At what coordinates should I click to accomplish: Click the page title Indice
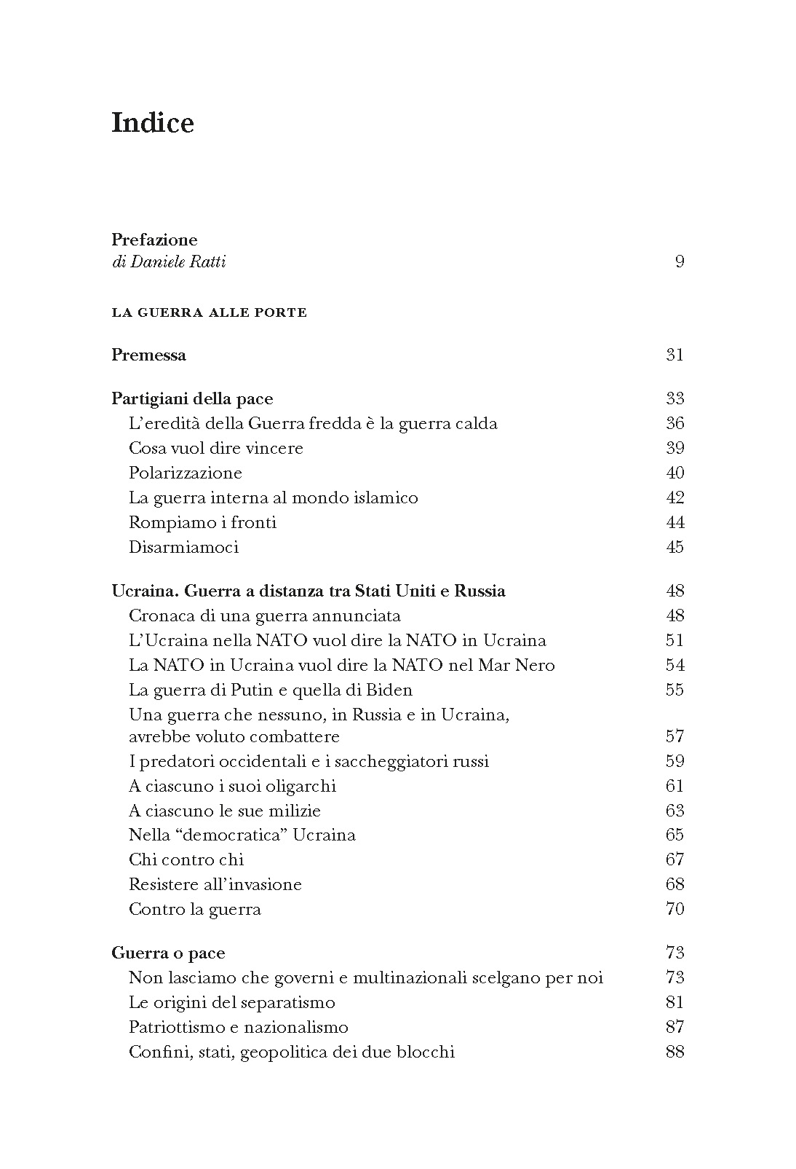(153, 122)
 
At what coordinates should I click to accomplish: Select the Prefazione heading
(154, 240)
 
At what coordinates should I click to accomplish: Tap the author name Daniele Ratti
(178, 261)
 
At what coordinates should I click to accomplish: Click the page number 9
(680, 261)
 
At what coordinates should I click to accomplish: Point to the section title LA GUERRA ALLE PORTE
(210, 313)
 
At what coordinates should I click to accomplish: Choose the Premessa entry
(148, 355)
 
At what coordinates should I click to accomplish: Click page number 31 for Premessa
(674, 355)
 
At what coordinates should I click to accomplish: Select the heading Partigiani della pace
(192, 398)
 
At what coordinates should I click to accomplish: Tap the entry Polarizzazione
(185, 473)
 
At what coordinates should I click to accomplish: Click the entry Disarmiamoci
(183, 547)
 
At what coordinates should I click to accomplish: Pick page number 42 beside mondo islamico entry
(674, 497)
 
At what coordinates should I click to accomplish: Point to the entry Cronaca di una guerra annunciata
(264, 615)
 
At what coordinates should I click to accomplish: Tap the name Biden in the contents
(390, 690)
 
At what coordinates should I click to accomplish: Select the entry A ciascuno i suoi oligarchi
(232, 786)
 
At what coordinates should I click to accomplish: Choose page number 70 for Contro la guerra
(674, 909)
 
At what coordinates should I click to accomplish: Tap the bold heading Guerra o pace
(168, 953)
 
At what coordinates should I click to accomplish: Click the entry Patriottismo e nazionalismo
(238, 1027)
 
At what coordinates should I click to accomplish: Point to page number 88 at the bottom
(674, 1052)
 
